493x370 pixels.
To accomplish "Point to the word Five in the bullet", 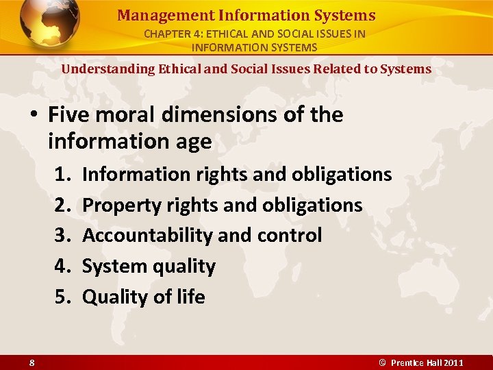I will pos(71,114).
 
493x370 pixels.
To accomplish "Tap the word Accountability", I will pos(147,236).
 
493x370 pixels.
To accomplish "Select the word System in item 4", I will pos(110,267).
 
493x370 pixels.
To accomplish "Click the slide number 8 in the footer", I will pos(32,362).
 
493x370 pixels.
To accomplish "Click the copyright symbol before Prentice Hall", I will pos(383,362).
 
